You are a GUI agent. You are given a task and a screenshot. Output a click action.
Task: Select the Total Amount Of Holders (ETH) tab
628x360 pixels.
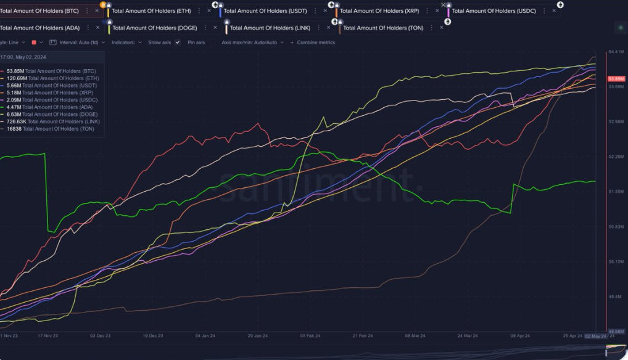coord(151,10)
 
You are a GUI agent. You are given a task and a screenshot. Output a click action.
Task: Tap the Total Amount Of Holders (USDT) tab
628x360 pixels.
coord(265,10)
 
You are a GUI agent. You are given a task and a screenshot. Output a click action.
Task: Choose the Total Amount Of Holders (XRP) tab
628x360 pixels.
coord(379,10)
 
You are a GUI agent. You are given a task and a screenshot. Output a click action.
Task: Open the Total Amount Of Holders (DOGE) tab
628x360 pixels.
coord(154,28)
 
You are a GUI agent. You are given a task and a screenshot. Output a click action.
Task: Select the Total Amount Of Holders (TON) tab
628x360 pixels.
coord(382,28)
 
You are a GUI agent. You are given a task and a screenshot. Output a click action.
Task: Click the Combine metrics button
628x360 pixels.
coord(316,43)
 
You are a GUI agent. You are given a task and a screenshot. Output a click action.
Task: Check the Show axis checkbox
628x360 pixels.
coord(177,43)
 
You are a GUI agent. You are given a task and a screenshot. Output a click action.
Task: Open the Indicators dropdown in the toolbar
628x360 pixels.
coord(126,43)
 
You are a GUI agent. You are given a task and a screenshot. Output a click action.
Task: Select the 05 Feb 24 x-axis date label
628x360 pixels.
coord(310,336)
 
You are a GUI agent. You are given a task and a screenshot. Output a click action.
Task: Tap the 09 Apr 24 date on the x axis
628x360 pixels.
coord(520,336)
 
